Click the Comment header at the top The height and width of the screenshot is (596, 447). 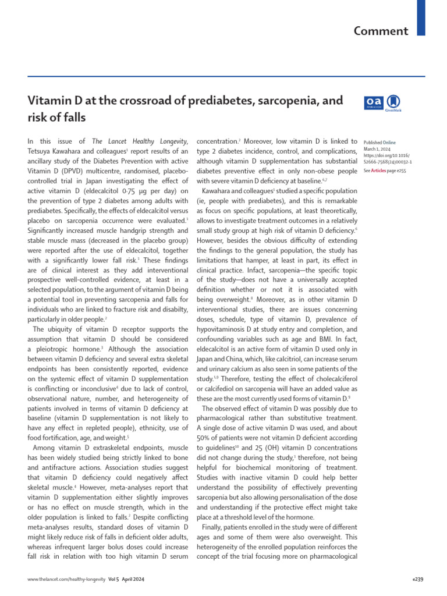pyautogui.click(x=381, y=30)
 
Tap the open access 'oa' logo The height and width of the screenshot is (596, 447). pyautogui.click(x=372, y=102)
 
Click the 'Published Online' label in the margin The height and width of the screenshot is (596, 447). pyautogui.click(x=379, y=142)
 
